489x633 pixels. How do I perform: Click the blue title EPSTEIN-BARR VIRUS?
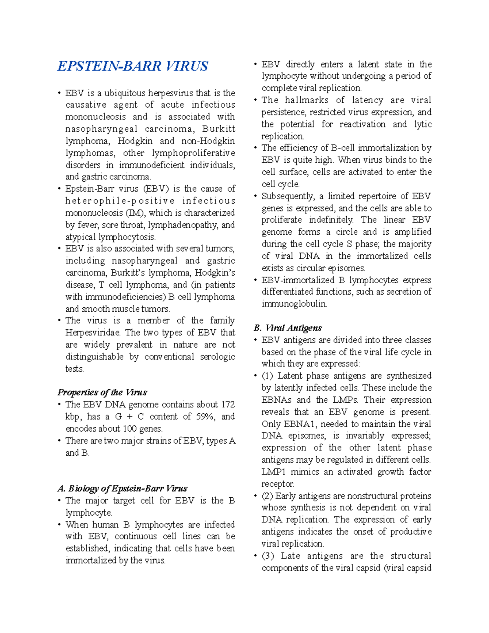click(x=132, y=66)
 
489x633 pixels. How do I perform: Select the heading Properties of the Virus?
click(x=102, y=393)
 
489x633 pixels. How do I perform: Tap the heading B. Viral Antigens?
click(x=287, y=328)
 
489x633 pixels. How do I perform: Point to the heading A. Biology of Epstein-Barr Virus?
click(x=122, y=489)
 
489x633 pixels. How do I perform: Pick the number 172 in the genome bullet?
click(x=228, y=405)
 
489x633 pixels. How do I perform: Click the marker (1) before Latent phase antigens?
click(x=267, y=376)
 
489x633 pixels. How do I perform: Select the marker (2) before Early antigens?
click(x=267, y=496)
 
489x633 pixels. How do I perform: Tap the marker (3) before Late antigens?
click(x=268, y=556)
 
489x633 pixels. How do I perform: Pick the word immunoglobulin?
click(x=294, y=304)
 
